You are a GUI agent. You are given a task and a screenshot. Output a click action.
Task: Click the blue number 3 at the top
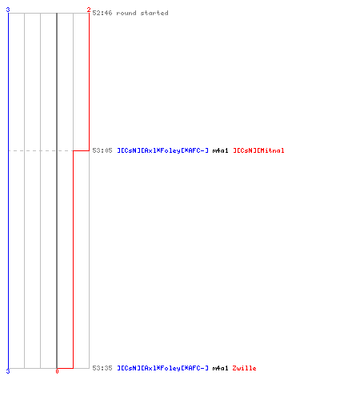pos(8,10)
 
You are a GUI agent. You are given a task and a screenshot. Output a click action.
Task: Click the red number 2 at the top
pos(89,10)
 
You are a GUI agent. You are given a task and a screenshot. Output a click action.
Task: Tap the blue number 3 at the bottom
pos(8,371)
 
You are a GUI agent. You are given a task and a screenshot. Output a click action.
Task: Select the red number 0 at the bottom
pos(57,371)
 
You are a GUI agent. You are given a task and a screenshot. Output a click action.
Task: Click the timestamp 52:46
pos(102,13)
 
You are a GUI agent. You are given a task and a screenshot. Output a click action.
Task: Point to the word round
pos(126,13)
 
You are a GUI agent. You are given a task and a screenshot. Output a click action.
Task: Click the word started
pos(154,13)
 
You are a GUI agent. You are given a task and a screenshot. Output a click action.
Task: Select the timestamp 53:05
pos(102,150)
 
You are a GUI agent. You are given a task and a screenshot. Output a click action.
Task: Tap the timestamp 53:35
pos(102,368)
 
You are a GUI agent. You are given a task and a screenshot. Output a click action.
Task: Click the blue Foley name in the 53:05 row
pos(163,150)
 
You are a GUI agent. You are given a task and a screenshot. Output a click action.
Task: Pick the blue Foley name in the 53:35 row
pos(163,368)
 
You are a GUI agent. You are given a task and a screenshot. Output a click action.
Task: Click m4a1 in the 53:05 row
pos(220,150)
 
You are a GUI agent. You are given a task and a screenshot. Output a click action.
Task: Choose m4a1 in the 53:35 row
pos(220,368)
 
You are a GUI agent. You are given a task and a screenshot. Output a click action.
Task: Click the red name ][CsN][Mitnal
pos(258,150)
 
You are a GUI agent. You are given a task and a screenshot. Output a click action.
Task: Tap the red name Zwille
pos(244,368)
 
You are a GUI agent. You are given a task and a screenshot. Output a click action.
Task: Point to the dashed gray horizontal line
pos(41,150)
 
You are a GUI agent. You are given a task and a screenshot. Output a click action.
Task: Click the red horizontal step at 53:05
pos(81,150)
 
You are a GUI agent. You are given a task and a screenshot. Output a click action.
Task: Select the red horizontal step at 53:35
pos(65,368)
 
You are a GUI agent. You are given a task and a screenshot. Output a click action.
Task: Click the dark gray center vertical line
pos(57,190)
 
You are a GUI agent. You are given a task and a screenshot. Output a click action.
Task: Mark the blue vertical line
pos(8,190)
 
